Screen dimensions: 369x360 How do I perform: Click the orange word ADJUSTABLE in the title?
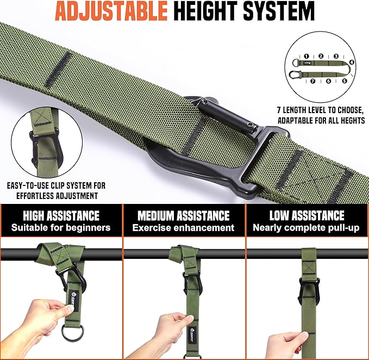111,11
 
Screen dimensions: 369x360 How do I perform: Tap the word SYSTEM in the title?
279,11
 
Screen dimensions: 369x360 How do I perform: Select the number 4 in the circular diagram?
352,62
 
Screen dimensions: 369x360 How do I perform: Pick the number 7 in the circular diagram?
313,81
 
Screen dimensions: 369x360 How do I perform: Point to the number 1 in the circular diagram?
306,56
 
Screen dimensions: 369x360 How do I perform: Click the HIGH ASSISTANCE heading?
61,215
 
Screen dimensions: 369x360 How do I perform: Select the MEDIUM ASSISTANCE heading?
184,215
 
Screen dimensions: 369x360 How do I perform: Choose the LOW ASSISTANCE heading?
307,215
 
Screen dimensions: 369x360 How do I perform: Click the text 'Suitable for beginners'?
61,228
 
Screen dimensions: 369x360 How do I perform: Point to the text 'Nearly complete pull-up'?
306,228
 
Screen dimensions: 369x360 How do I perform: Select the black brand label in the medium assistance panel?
191,333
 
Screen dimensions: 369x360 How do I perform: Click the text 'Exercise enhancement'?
183,228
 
